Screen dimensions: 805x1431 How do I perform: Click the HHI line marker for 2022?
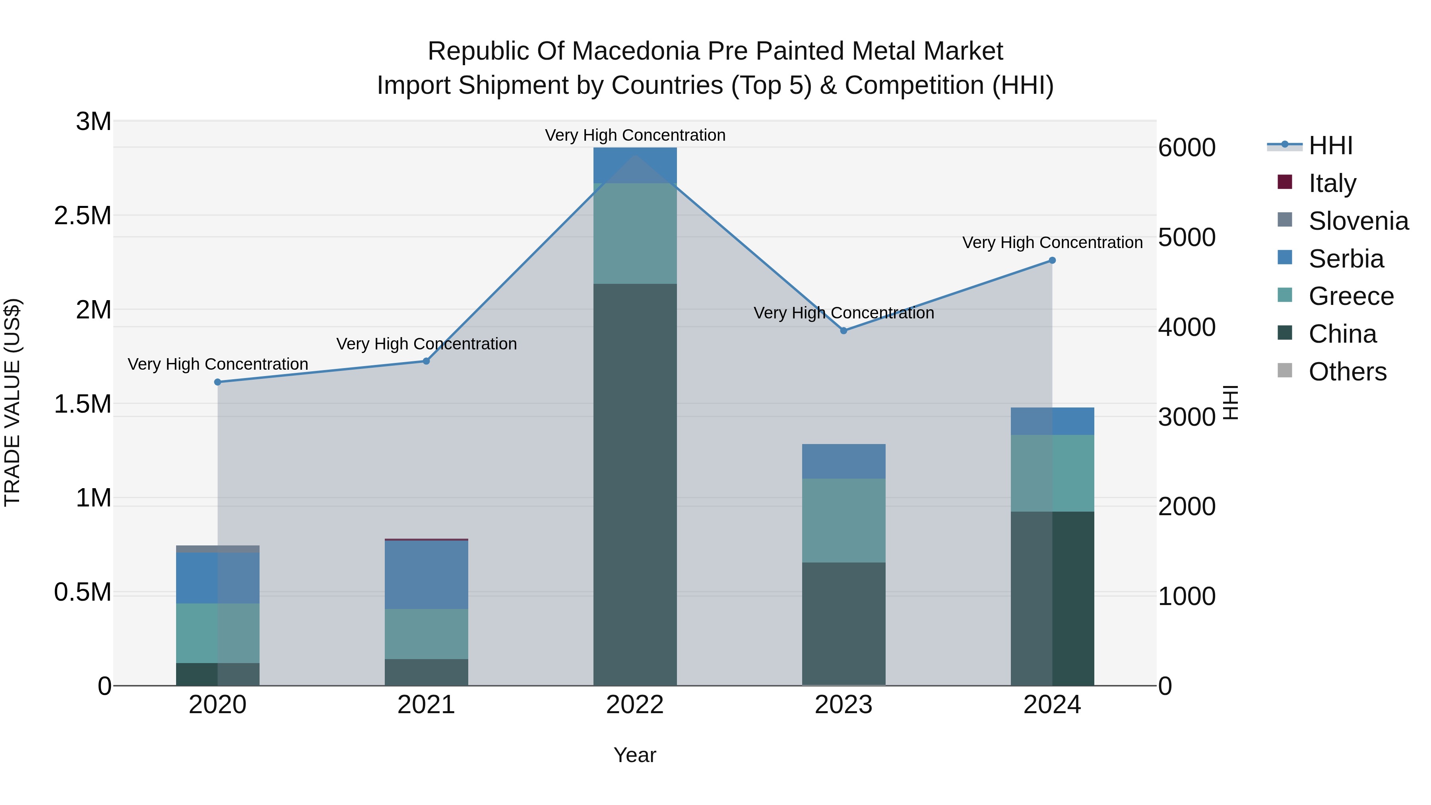pyautogui.click(x=635, y=155)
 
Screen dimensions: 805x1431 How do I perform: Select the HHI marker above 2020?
pyautogui.click(x=218, y=382)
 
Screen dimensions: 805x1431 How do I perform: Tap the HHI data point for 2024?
pyautogui.click(x=1052, y=260)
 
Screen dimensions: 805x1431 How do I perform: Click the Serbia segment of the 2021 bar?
pyautogui.click(x=426, y=574)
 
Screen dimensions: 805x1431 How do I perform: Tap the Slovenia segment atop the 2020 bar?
pyautogui.click(x=218, y=549)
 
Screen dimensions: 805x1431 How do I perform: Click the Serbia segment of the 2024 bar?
pyautogui.click(x=1052, y=421)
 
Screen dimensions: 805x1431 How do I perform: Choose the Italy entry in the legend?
pyautogui.click(x=1332, y=183)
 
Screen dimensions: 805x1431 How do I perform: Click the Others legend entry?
pyautogui.click(x=1347, y=372)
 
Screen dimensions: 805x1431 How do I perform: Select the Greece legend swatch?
pyautogui.click(x=1285, y=295)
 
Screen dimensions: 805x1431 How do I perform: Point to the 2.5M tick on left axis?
pyautogui.click(x=83, y=215)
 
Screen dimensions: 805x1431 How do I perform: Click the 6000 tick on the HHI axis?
pyautogui.click(x=1187, y=148)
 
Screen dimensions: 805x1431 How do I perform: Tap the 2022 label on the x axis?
pyautogui.click(x=635, y=705)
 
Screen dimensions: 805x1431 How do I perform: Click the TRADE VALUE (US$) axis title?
pyautogui.click(x=12, y=403)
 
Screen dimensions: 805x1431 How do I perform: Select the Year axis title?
pyautogui.click(x=634, y=755)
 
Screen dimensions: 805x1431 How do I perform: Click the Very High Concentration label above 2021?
pyautogui.click(x=426, y=344)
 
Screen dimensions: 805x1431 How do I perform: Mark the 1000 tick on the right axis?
pyautogui.click(x=1187, y=597)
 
